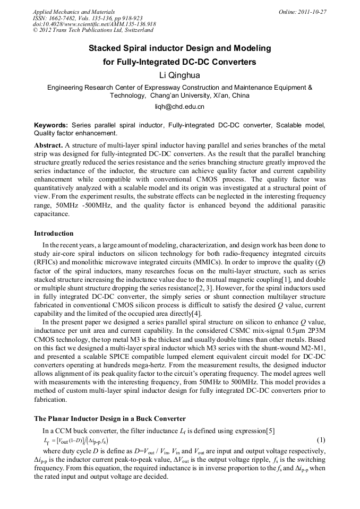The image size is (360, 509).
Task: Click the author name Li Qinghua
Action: pyautogui.click(x=179, y=75)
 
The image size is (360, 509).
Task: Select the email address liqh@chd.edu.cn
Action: pyautogui.click(x=179, y=107)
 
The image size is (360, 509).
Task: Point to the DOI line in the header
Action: pyautogui.click(x=94, y=24)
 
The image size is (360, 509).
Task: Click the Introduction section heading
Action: pyautogui.click(x=54, y=233)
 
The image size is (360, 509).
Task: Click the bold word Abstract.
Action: pyautogui.click(x=48, y=145)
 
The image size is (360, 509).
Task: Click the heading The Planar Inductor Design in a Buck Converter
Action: pyautogui.click(x=109, y=419)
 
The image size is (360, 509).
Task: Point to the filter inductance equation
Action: pyautogui.click(x=76, y=441)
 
